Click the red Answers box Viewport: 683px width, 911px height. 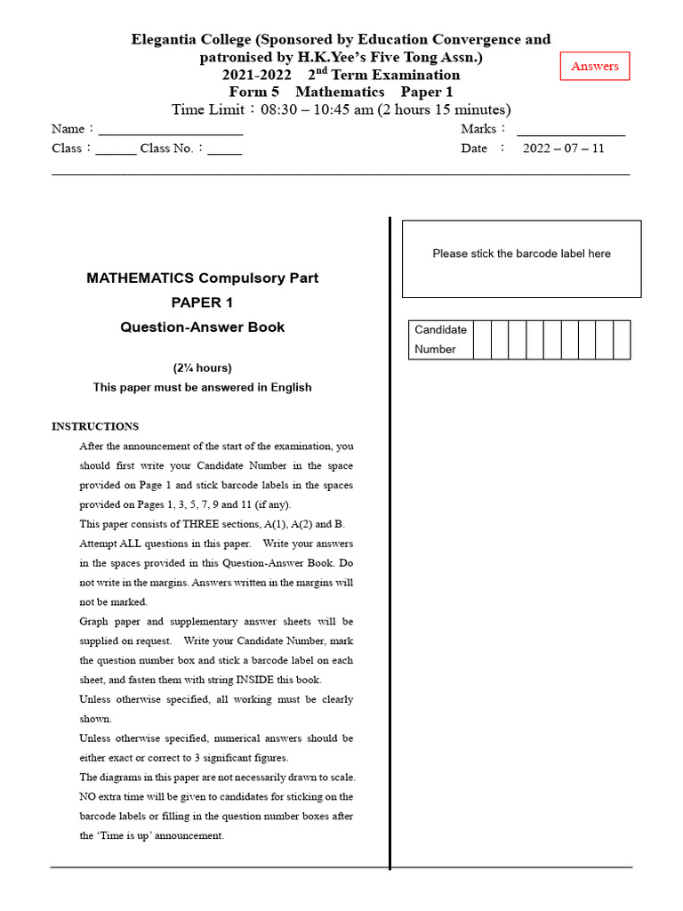(x=595, y=67)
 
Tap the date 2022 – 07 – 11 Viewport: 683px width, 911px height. (x=563, y=149)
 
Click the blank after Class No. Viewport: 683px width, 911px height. (x=225, y=150)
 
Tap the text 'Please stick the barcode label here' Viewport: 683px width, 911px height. (x=521, y=254)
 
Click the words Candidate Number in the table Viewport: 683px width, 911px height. (x=440, y=340)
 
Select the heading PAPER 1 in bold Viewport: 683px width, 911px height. (x=202, y=302)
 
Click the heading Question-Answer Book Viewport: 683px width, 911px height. (x=202, y=327)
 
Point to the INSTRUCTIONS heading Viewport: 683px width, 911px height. (x=95, y=426)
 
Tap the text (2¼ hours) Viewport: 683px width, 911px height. (x=202, y=368)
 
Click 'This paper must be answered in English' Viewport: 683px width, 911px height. (x=202, y=387)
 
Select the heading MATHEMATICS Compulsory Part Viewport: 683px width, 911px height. (x=202, y=278)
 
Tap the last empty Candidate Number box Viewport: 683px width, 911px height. (x=622, y=340)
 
